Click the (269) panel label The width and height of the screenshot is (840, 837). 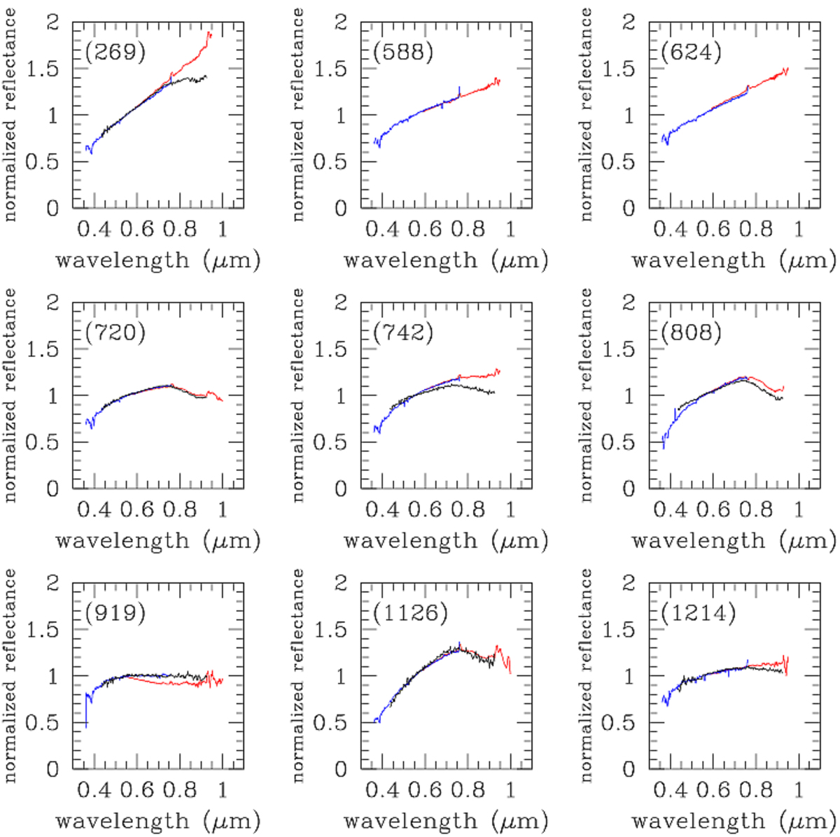tap(115, 52)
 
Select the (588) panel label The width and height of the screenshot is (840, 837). tap(403, 52)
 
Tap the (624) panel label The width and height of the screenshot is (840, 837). tap(691, 52)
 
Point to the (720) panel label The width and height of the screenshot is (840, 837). tap(115, 332)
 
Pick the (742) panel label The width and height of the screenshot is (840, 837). tap(403, 332)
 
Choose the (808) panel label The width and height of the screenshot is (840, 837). tap(691, 332)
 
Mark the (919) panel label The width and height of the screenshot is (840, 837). tap(115, 613)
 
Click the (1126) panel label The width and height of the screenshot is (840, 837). tap(410, 613)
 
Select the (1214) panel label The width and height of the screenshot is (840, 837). tap(698, 613)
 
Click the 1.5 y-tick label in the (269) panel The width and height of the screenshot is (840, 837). tap(43, 69)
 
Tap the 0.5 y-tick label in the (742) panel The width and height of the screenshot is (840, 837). tap(330, 442)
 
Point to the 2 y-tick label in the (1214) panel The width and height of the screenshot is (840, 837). tap(629, 583)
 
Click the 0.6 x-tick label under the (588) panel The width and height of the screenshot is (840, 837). tap(426, 229)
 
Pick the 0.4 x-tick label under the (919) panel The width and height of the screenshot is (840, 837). tap(94, 789)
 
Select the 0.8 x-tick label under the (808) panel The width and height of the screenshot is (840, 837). tap(756, 509)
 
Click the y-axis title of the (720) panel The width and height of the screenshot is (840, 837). tap(10, 395)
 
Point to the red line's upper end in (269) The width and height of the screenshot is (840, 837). tap(209, 32)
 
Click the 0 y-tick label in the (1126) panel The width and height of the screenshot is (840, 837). tap(341, 769)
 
